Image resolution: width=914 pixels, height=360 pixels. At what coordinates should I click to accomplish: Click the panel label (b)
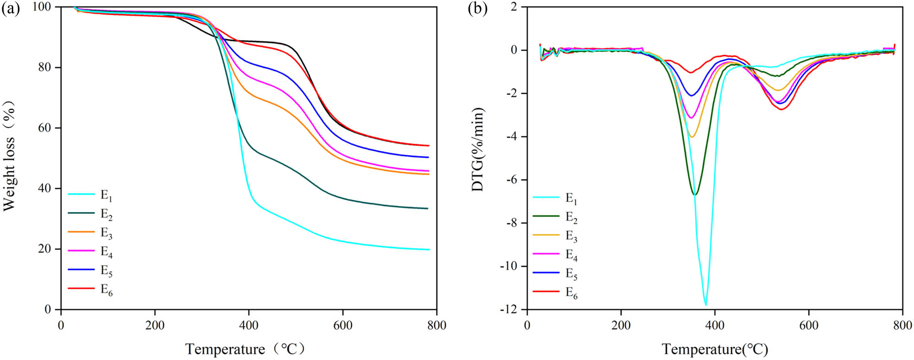(x=478, y=8)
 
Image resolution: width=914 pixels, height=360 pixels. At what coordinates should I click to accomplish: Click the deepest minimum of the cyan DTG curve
(x=706, y=305)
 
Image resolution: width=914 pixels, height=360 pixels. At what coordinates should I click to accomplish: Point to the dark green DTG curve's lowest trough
(x=695, y=195)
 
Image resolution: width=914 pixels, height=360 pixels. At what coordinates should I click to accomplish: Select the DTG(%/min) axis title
(x=478, y=149)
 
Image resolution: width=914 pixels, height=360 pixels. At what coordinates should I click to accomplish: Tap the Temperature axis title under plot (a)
(x=244, y=349)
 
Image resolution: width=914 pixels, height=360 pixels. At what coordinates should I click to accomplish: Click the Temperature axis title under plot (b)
(x=715, y=349)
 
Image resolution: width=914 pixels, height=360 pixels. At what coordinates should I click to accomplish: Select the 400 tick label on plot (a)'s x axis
(x=249, y=325)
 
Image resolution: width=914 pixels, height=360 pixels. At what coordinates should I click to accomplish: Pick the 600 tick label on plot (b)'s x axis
(x=808, y=325)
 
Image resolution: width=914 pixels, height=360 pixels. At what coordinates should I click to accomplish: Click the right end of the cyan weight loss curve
(x=429, y=249)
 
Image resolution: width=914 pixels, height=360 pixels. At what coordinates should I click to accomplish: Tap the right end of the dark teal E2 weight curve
(x=427, y=208)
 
